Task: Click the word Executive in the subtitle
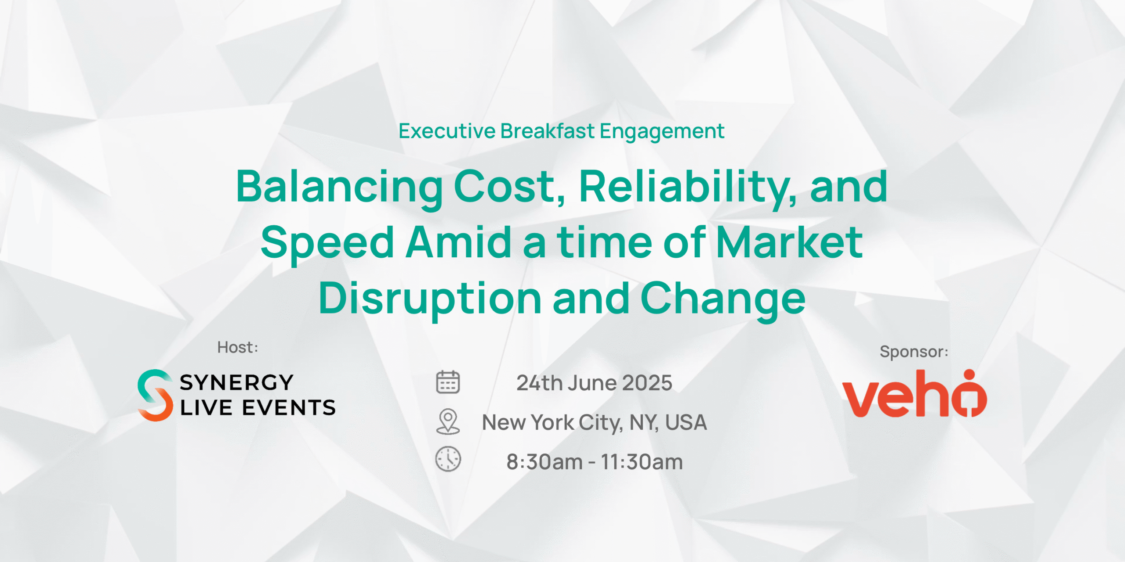coord(447,131)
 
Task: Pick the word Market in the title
coord(789,242)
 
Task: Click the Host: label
coord(238,347)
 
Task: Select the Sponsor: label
coord(914,352)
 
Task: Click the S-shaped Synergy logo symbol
coord(155,395)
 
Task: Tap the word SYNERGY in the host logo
coord(236,382)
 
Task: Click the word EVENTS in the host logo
coord(289,408)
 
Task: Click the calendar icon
coord(448,382)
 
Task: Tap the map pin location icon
coord(448,421)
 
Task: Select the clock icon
coord(448,459)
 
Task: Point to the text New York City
coord(552,423)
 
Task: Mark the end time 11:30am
coord(642,462)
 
